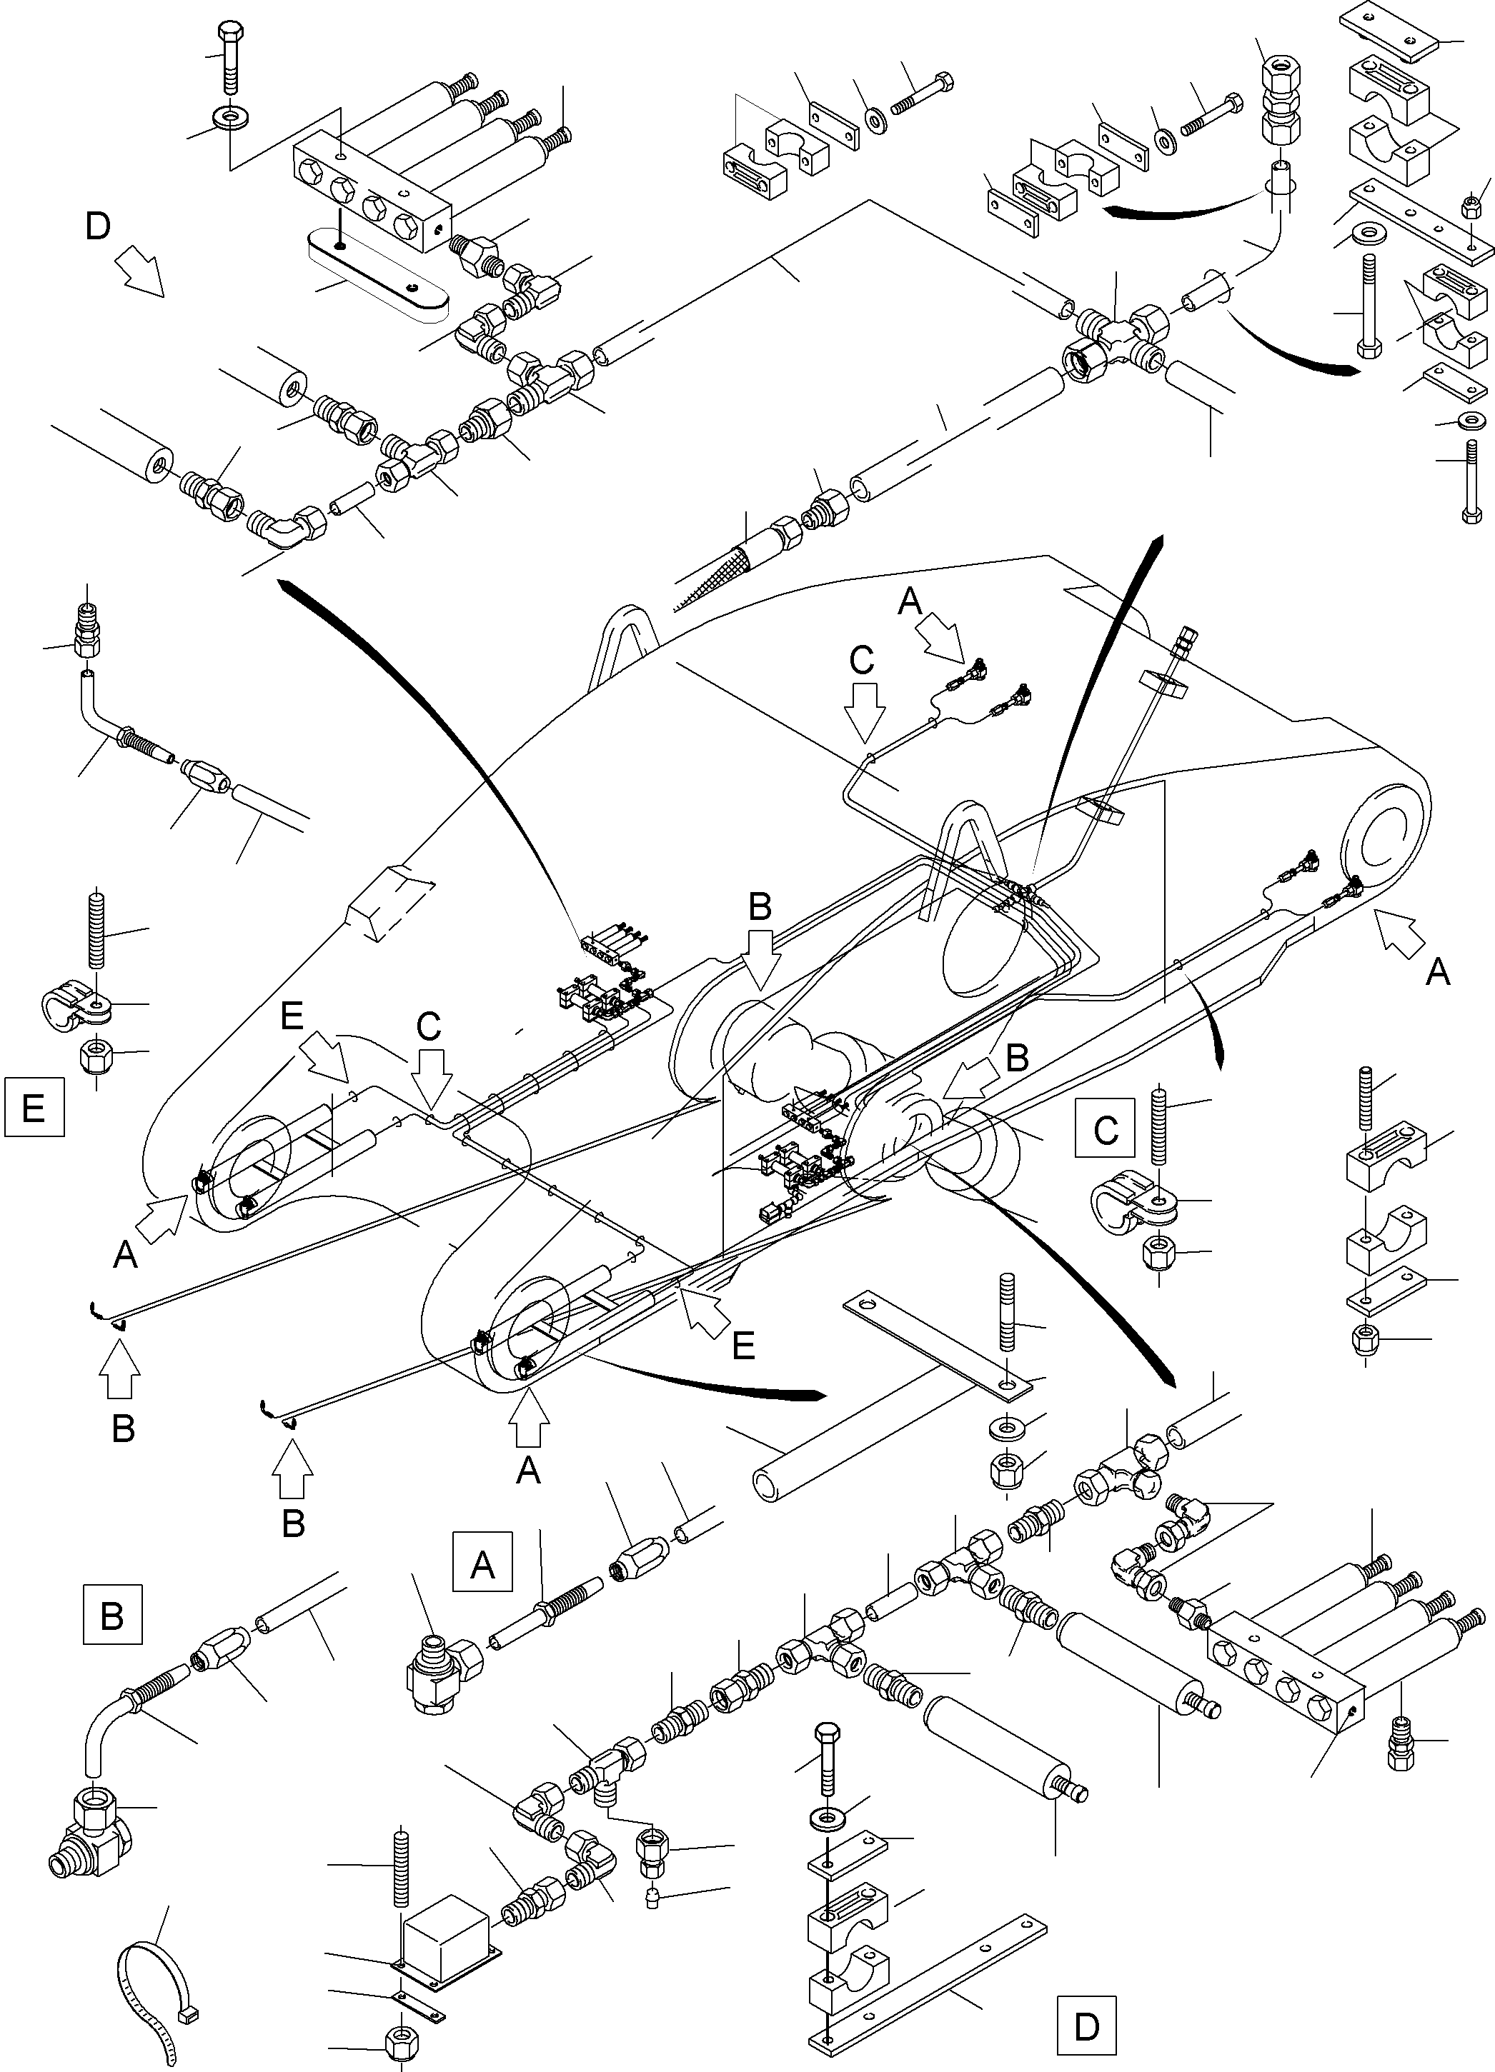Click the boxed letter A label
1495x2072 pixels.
(x=482, y=1564)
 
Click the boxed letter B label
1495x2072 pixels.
(x=111, y=1614)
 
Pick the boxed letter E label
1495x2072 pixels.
(x=34, y=1107)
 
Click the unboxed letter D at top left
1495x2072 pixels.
(x=98, y=226)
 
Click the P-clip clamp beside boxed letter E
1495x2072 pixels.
(x=78, y=1008)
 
